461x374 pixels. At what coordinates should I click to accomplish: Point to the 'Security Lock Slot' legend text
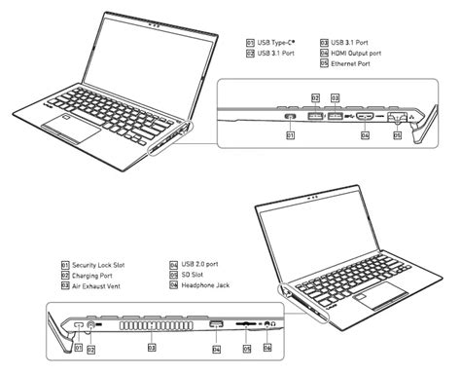pyautogui.click(x=104, y=264)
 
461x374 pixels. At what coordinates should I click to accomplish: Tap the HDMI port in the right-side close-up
pyautogui.click(x=365, y=116)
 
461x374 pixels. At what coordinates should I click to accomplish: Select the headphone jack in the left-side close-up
pyautogui.click(x=266, y=324)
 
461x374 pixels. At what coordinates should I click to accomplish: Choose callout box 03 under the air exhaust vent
pyautogui.click(x=152, y=346)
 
